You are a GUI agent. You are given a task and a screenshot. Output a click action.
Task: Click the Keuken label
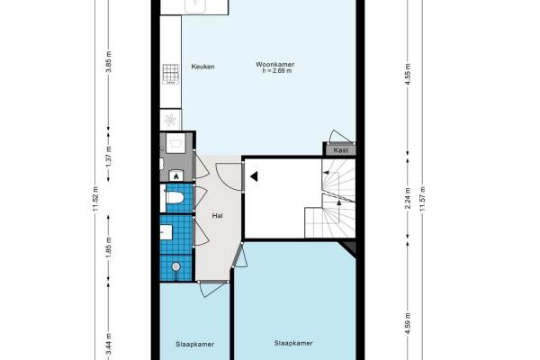click(x=202, y=67)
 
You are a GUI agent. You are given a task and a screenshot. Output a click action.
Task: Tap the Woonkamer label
click(x=274, y=65)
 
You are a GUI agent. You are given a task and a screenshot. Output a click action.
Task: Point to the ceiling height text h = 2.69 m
click(x=277, y=71)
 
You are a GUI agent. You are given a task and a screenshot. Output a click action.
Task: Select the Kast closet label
click(x=340, y=150)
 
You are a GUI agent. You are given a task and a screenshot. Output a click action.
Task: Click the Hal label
click(x=217, y=216)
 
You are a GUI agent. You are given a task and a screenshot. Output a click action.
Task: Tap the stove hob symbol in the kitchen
click(x=171, y=74)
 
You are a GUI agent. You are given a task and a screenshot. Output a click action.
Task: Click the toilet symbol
click(x=175, y=198)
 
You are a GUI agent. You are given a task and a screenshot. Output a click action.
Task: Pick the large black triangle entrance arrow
click(x=254, y=176)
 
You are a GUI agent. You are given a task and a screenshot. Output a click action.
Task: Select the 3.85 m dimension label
click(x=109, y=62)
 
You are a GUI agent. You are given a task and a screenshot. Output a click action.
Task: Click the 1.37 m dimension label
click(x=109, y=157)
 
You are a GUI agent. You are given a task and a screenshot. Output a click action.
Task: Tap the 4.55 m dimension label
click(x=408, y=74)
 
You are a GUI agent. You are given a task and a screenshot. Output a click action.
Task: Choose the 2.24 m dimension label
click(x=408, y=198)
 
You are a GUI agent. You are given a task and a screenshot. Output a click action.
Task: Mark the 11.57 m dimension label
click(x=422, y=199)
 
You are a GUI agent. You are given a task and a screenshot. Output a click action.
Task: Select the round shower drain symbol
click(x=176, y=266)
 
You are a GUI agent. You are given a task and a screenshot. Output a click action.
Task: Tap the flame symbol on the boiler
click(x=176, y=176)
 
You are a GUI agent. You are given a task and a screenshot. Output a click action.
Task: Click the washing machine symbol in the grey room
click(x=175, y=143)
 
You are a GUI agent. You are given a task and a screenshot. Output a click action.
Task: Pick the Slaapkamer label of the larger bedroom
click(x=293, y=343)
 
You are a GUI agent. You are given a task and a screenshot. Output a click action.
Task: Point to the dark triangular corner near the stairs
click(x=349, y=247)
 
